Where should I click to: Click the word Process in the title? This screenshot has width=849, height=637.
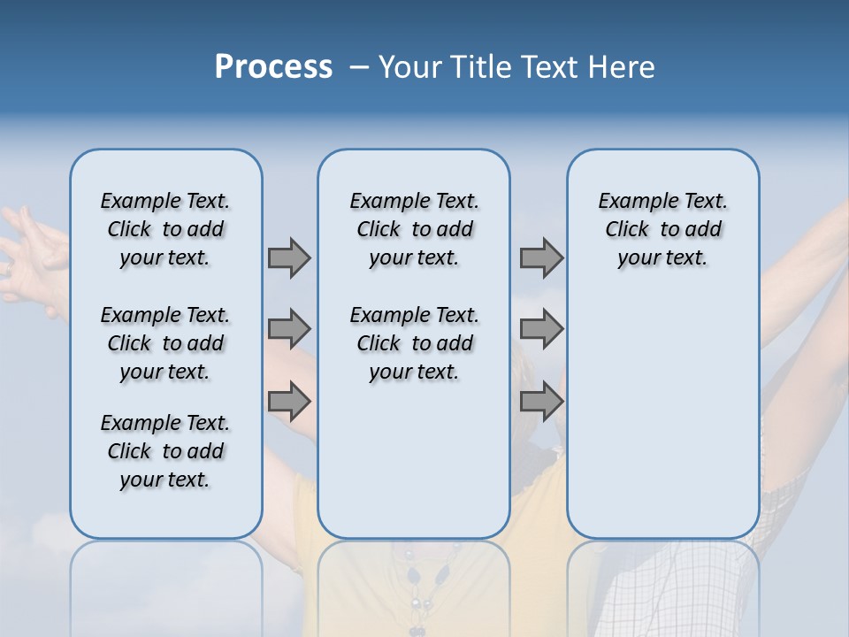[x=273, y=66]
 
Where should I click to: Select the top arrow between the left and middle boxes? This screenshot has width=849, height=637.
[x=289, y=257]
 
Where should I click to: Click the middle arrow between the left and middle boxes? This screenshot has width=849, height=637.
[x=289, y=329]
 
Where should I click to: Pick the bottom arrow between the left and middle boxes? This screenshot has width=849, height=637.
[x=289, y=402]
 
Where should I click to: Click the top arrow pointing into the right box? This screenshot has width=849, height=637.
[x=541, y=257]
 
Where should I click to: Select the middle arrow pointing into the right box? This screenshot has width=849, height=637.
[x=541, y=329]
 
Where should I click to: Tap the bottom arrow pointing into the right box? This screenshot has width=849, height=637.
[x=541, y=402]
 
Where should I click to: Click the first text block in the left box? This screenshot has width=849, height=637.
[x=165, y=229]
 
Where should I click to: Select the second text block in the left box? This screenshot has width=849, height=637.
[x=165, y=343]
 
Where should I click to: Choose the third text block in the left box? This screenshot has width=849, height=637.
[x=165, y=451]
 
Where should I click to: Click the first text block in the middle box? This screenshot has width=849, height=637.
[x=414, y=229]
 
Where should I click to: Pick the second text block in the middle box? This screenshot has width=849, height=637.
[x=414, y=343]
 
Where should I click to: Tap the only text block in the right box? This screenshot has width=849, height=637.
[x=662, y=229]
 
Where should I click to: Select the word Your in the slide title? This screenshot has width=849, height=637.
[x=409, y=67]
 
